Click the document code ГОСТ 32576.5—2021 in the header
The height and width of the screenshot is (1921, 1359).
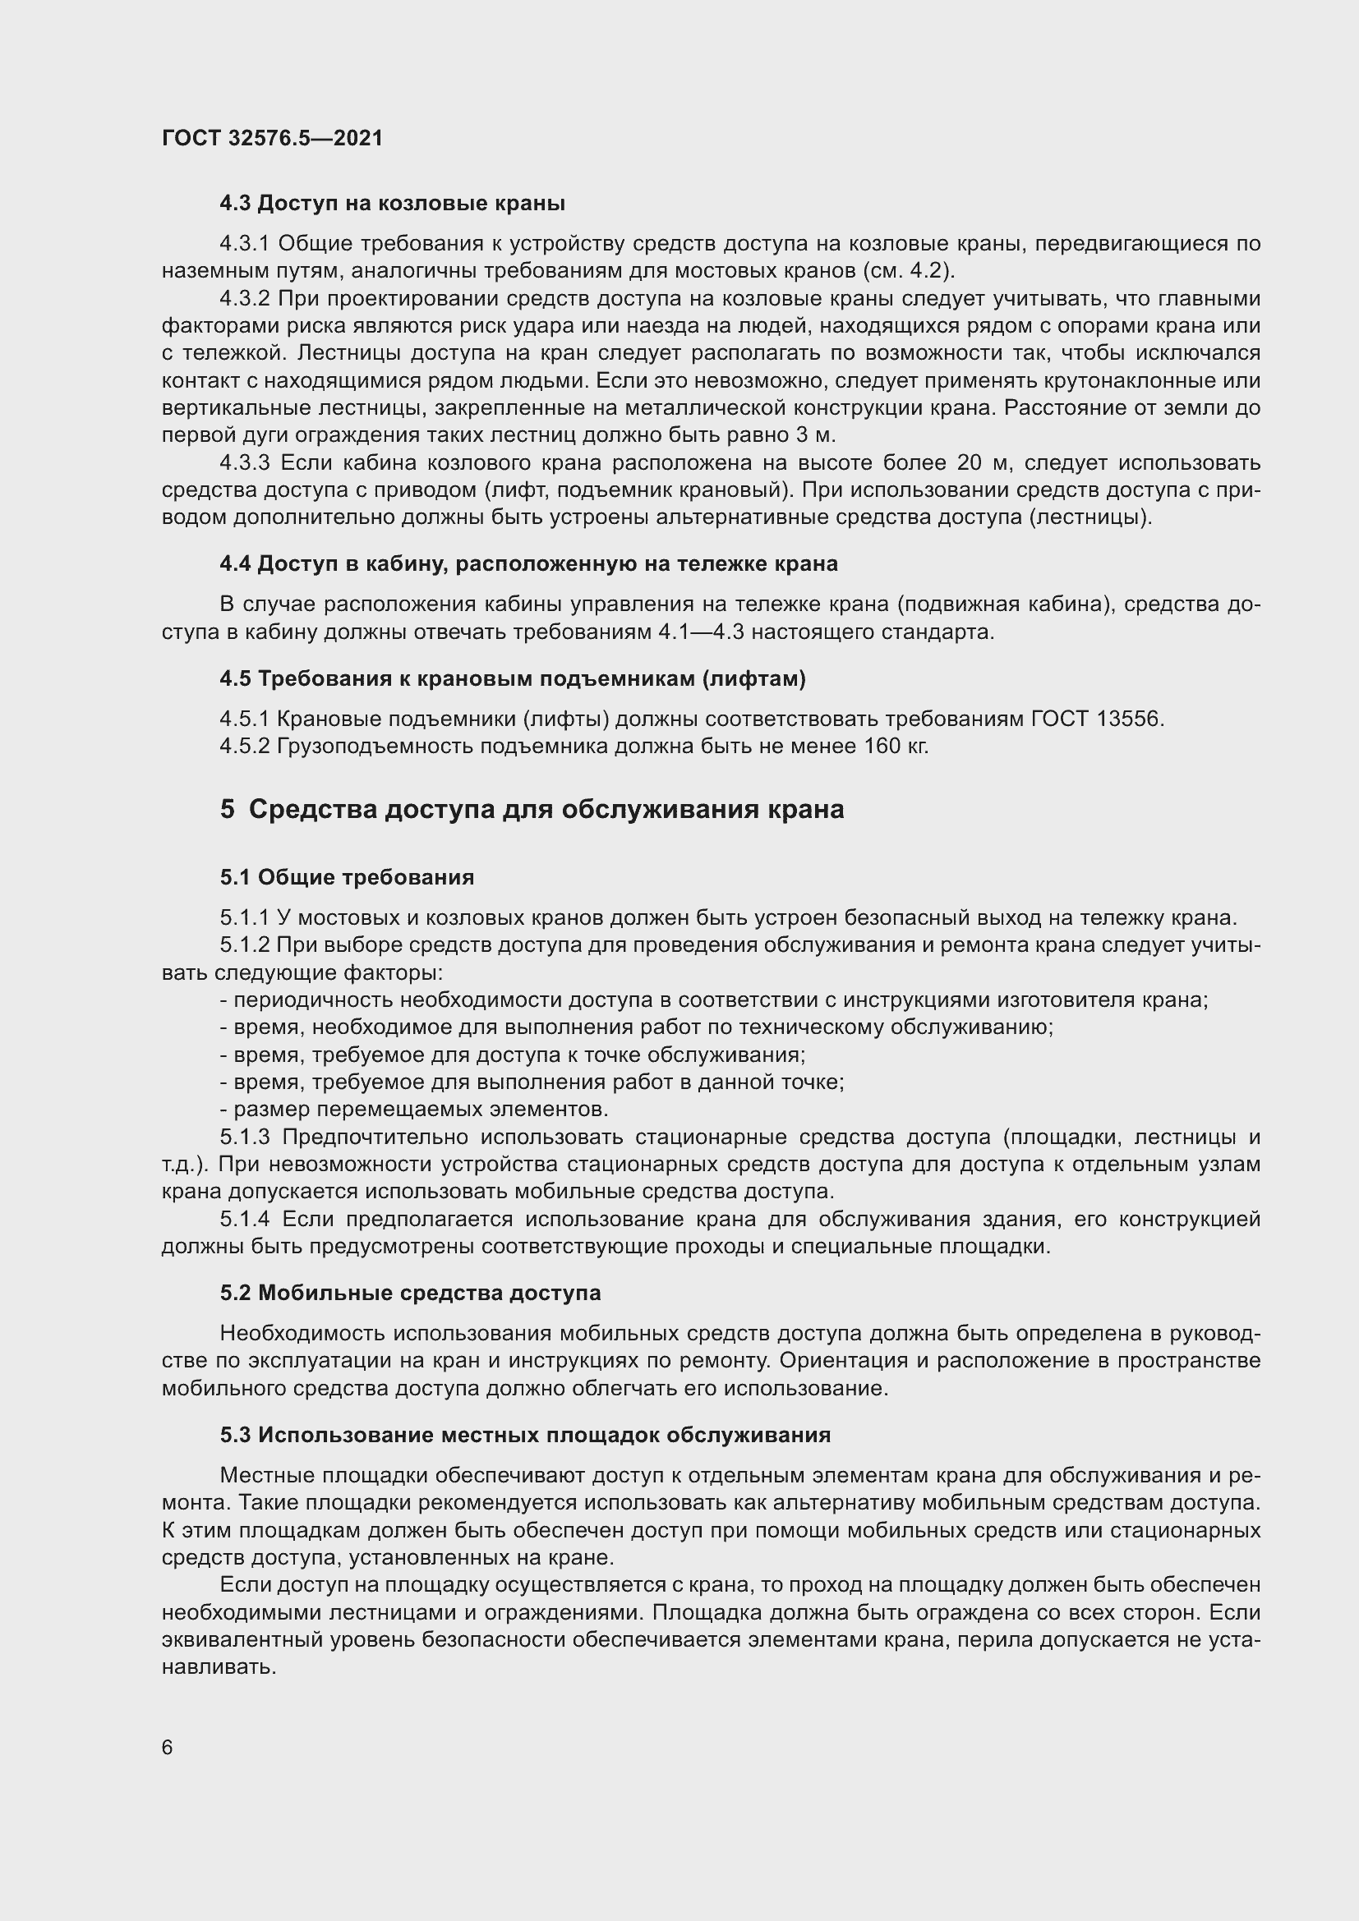[x=272, y=138]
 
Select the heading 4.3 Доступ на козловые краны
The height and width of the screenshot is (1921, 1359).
[x=392, y=204]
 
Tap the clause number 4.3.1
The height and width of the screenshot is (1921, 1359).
[x=244, y=244]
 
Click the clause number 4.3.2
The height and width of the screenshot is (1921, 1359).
[x=244, y=299]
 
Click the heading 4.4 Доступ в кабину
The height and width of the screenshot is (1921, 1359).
[x=528, y=564]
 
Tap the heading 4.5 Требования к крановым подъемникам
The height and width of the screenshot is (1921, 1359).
[x=512, y=678]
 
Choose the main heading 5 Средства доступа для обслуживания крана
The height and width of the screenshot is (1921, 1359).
[x=532, y=810]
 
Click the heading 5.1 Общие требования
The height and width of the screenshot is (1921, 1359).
[x=347, y=878]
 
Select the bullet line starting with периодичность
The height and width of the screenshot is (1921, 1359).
[x=713, y=1000]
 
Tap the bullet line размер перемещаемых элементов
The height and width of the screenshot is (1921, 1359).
[x=413, y=1110]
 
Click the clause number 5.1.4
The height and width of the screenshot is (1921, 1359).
[x=244, y=1219]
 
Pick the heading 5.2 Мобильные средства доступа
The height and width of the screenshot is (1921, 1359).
[x=410, y=1293]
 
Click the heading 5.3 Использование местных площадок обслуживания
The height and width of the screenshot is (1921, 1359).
[x=525, y=1435]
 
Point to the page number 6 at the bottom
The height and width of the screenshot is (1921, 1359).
[x=168, y=1748]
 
